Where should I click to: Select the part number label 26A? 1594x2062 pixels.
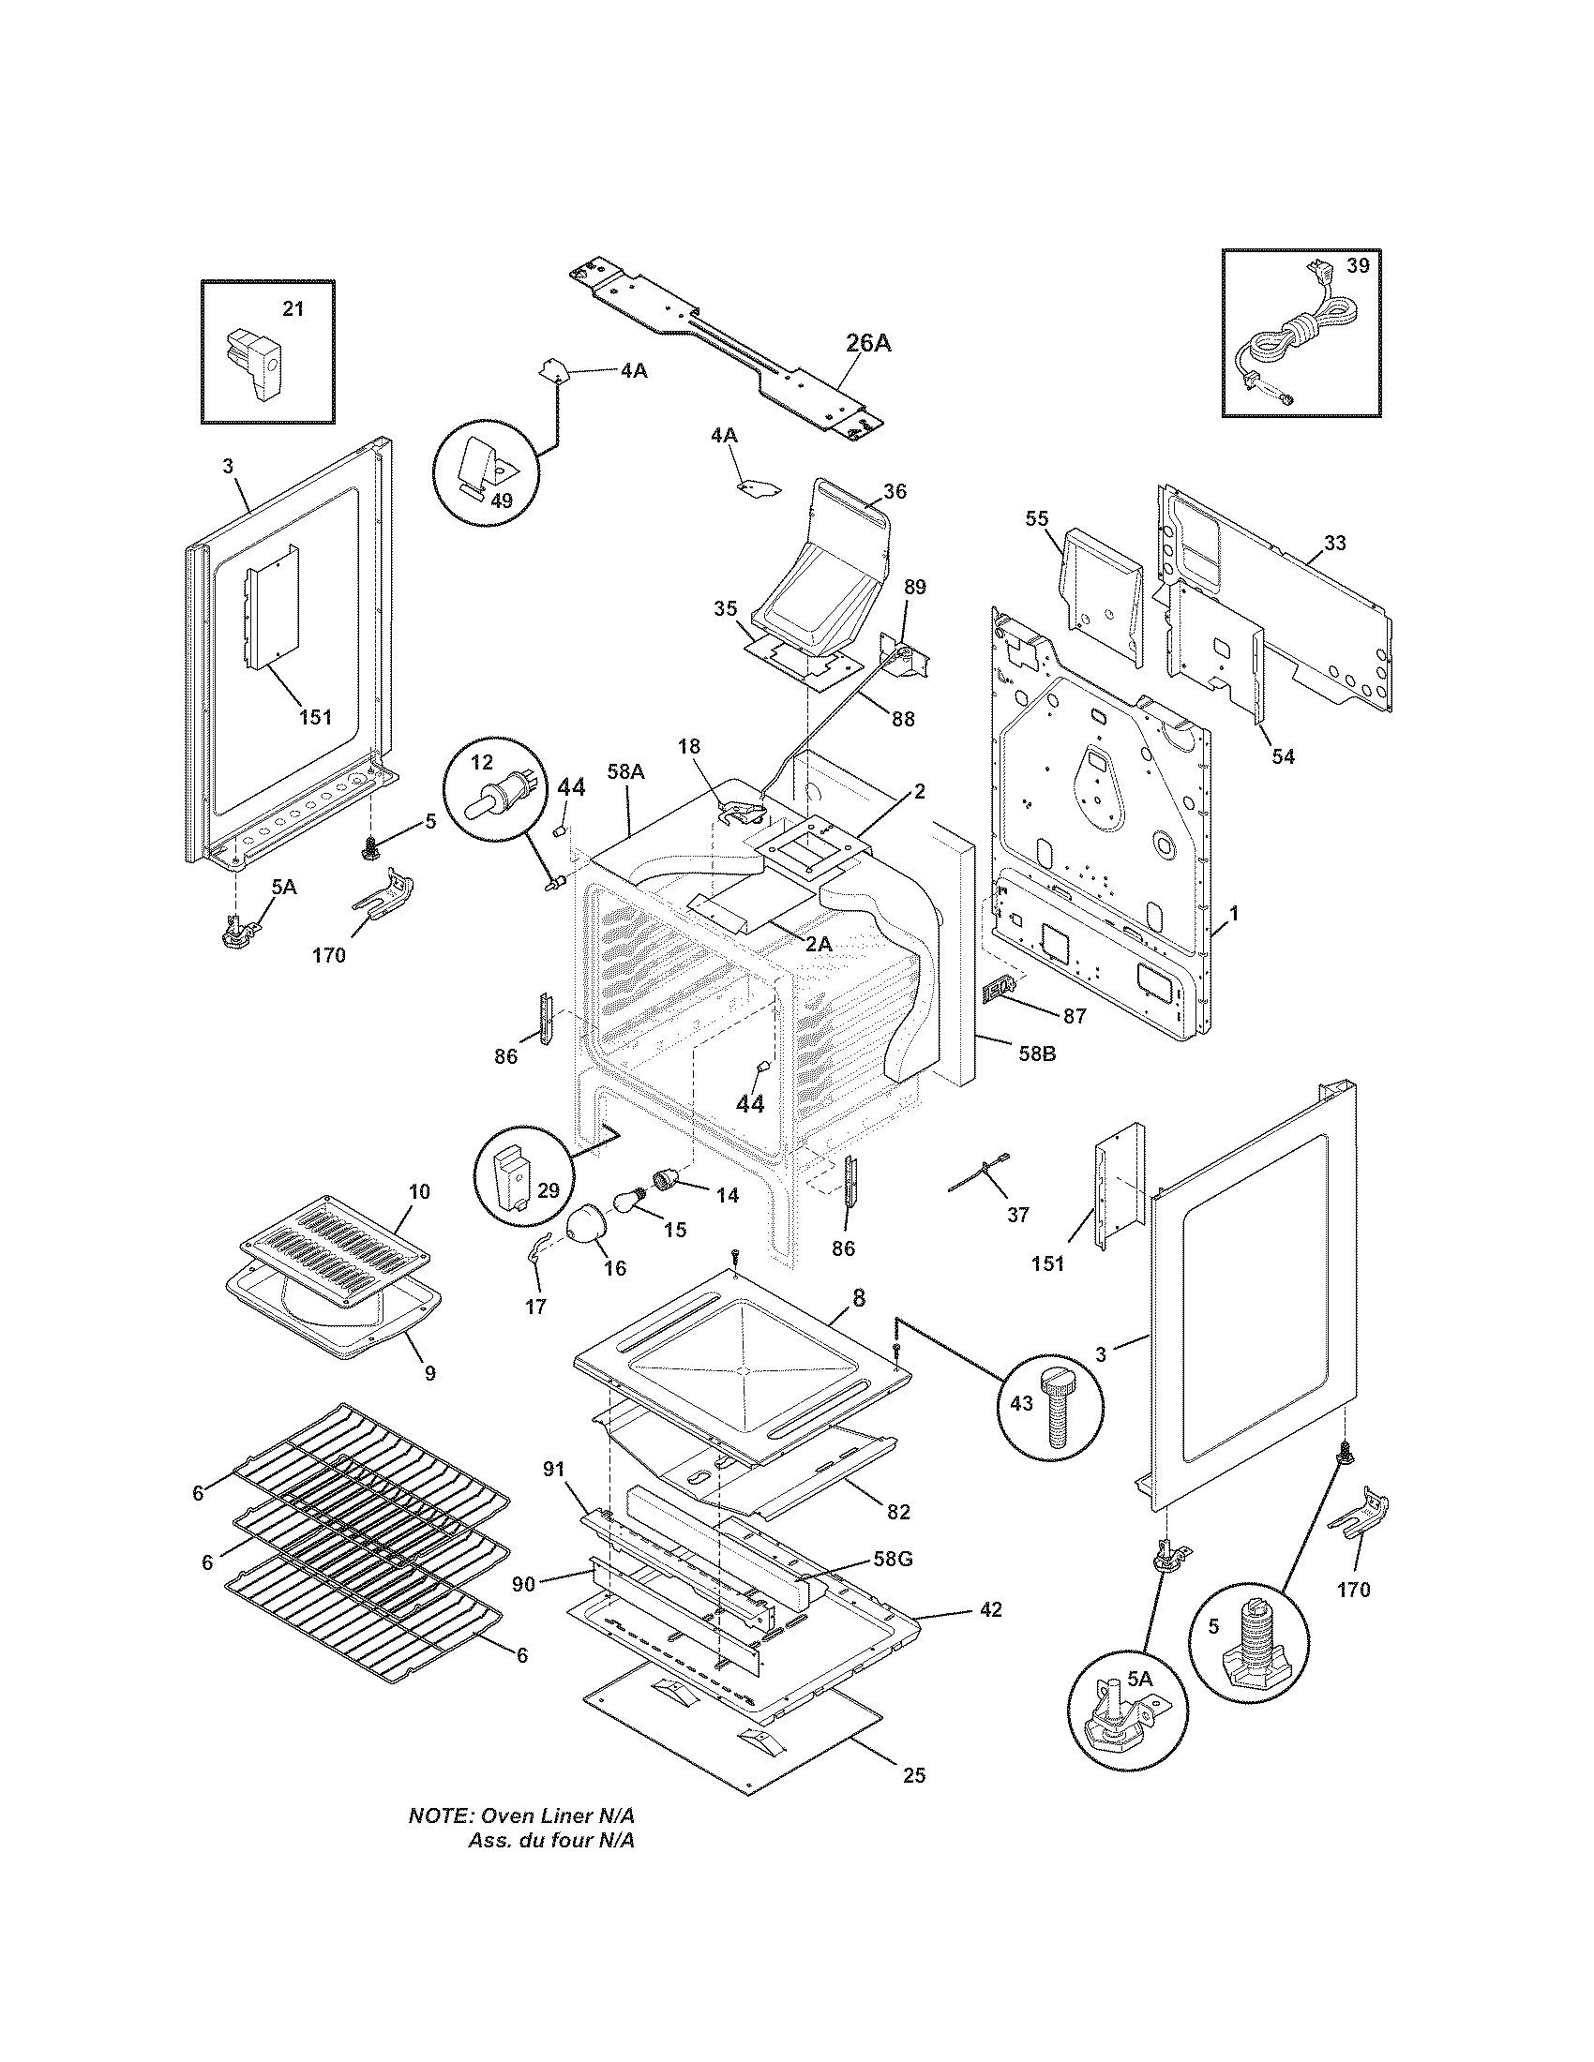coord(867,343)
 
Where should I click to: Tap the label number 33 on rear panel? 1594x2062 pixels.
coord(1334,543)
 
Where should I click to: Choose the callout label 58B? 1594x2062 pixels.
coord(1037,1052)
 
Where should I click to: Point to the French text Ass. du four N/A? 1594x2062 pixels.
coord(550,1841)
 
